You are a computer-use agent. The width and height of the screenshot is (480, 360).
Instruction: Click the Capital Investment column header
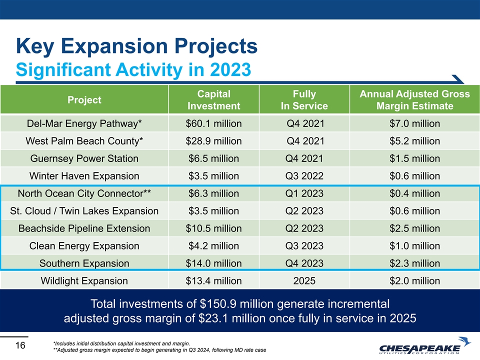coord(213,100)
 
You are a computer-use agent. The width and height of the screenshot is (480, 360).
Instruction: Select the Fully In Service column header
coord(304,100)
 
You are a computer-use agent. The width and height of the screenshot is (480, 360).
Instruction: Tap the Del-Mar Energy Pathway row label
coord(84,123)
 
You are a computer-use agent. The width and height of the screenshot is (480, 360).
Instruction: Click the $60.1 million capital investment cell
coord(213,123)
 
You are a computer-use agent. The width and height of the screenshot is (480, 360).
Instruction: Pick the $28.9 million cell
coord(213,141)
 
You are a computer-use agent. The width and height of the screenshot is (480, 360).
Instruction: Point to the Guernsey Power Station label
coord(84,158)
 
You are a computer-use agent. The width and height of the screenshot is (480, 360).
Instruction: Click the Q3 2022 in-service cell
coord(304,176)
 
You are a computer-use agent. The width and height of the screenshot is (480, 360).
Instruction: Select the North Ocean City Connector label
coord(84,193)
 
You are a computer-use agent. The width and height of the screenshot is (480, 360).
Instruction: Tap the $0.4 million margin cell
coord(415,193)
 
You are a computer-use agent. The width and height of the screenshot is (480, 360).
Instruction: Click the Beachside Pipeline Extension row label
coord(84,228)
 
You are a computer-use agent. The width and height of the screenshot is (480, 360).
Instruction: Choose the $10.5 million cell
coord(213,228)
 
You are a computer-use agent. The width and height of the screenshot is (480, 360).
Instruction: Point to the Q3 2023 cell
coord(304,246)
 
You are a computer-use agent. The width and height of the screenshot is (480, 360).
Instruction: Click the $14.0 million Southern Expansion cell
coord(213,263)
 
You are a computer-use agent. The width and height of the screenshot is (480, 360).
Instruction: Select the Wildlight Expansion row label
coord(84,281)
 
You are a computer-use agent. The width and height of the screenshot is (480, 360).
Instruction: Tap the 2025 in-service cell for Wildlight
coord(304,281)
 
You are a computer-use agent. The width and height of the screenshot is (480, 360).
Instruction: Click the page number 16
coord(20,345)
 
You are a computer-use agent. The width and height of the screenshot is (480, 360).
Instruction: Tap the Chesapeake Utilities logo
coord(424,345)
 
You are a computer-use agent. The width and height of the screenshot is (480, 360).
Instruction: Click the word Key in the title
coord(35,46)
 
